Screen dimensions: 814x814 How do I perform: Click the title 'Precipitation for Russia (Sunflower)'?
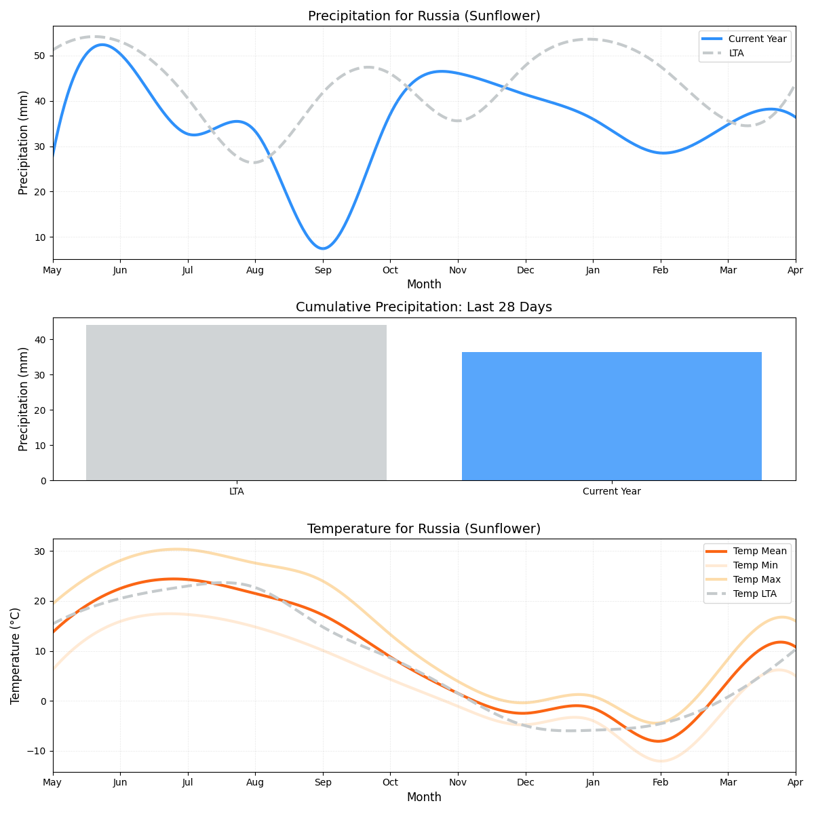click(424, 16)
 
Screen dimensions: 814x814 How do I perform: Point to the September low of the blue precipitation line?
click(323, 248)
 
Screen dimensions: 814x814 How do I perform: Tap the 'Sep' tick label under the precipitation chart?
click(323, 270)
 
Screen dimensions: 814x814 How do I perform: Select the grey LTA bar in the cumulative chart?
click(236, 402)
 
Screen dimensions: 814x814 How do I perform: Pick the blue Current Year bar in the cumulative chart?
click(611, 416)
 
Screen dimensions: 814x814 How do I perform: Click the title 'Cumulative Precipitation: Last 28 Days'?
click(424, 307)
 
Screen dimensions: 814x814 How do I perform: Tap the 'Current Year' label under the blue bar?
click(611, 491)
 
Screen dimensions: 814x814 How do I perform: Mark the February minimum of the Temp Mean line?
click(658, 741)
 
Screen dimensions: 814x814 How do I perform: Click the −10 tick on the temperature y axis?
click(35, 751)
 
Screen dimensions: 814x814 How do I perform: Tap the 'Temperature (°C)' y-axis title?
click(16, 655)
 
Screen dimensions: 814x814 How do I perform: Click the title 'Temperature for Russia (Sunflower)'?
click(424, 529)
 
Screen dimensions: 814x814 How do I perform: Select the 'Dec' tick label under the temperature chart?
click(526, 783)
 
